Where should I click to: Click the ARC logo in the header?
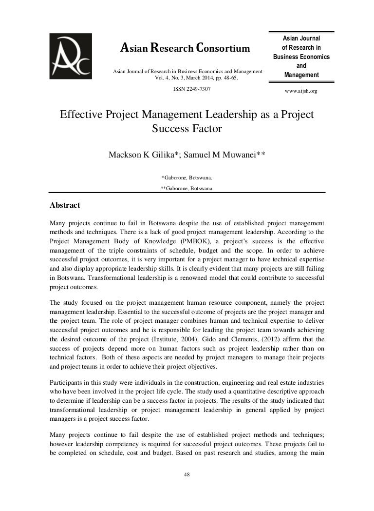click(x=70, y=56)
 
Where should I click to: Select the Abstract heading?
click(x=65, y=205)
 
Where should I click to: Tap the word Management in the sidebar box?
click(x=301, y=75)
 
